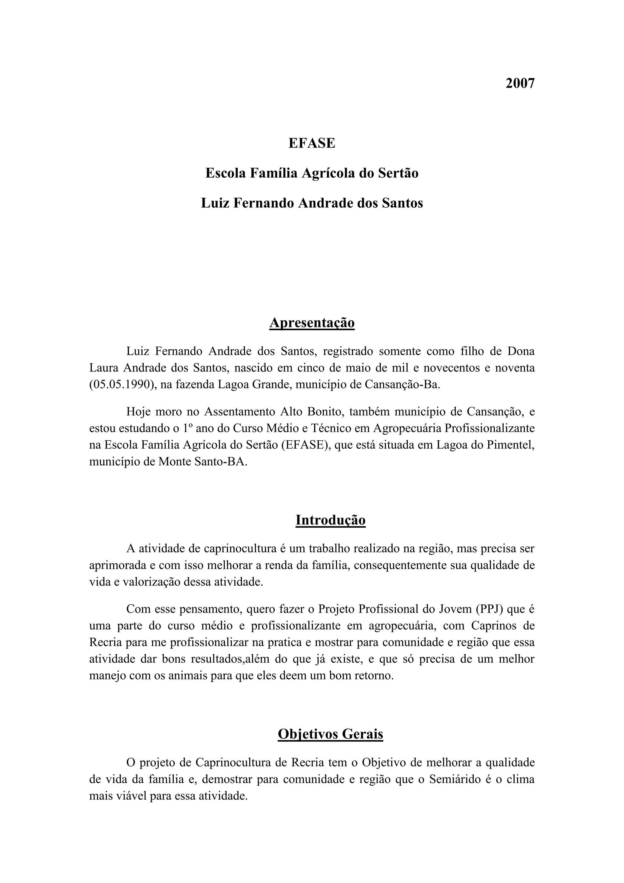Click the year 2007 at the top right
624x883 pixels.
[519, 84]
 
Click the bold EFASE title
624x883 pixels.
[312, 143]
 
